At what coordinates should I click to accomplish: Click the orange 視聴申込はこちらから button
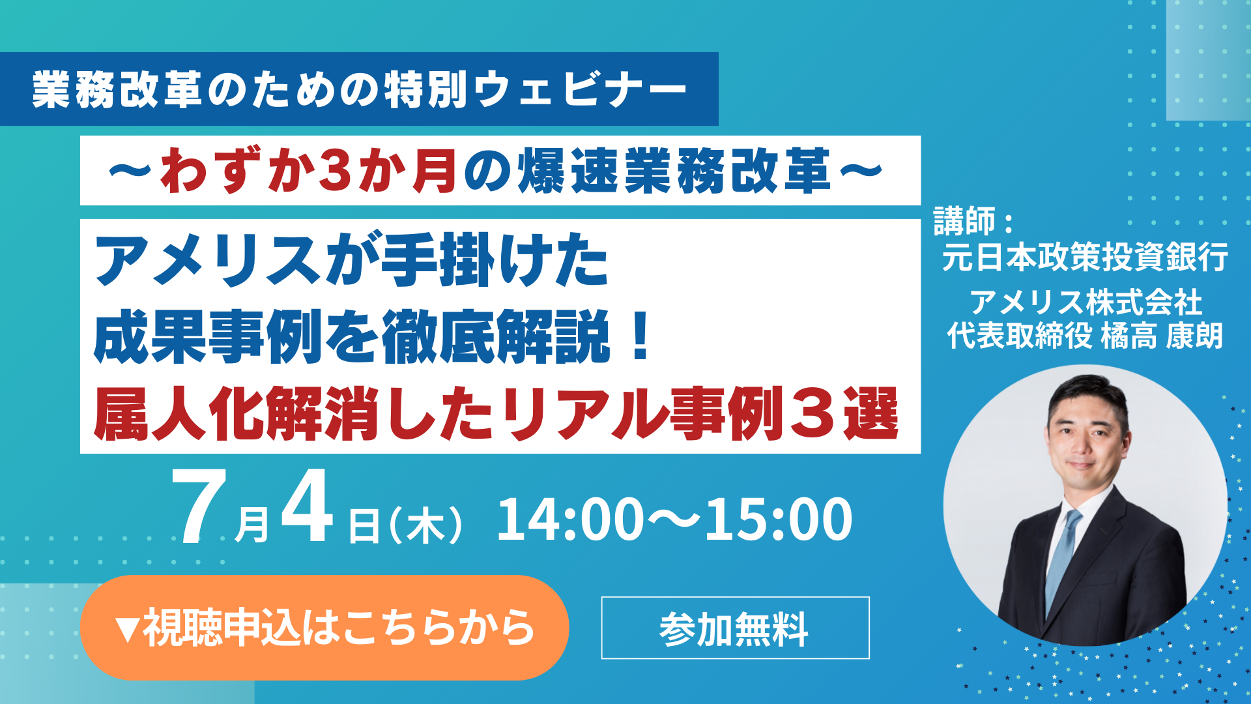click(324, 627)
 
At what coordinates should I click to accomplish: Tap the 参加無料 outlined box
click(735, 628)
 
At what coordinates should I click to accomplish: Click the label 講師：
click(974, 221)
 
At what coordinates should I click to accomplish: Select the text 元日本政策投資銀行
click(1085, 256)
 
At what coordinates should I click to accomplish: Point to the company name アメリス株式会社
click(1086, 302)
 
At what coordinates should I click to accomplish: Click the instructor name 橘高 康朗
click(1162, 336)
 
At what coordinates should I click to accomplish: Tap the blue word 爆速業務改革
click(675, 171)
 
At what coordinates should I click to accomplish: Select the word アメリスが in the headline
click(237, 261)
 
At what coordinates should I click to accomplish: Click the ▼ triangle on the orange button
click(126, 629)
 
